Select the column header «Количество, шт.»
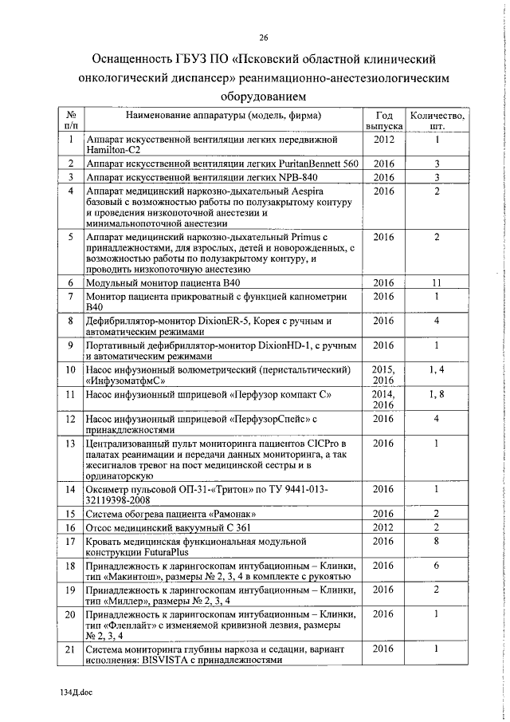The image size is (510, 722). pos(437,120)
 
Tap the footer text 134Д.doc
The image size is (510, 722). pos(76,692)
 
